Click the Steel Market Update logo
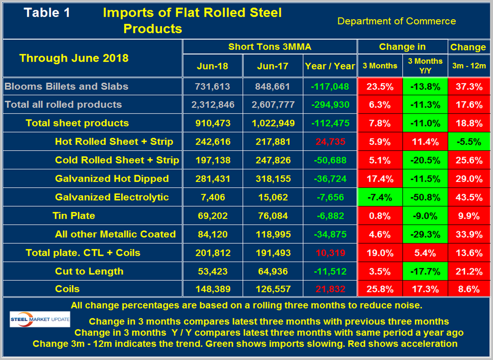pyautogui.click(x=40, y=319)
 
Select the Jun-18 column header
pyautogui.click(x=212, y=66)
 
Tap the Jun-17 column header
pyautogui.click(x=273, y=66)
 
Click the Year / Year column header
pyautogui.click(x=330, y=66)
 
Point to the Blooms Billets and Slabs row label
pyautogui.click(x=66, y=86)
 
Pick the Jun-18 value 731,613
pyautogui.click(x=212, y=86)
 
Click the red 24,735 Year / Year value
pyautogui.click(x=330, y=142)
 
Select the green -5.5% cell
pyautogui.click(x=469, y=142)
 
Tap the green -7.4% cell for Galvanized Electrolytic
pyautogui.click(x=380, y=197)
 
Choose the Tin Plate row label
pyautogui.click(x=74, y=216)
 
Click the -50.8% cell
pyautogui.click(x=425, y=197)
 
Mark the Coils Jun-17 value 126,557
pyautogui.click(x=273, y=289)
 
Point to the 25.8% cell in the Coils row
pyautogui.click(x=380, y=289)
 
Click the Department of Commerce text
pyautogui.click(x=396, y=21)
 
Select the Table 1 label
pyautogui.click(x=47, y=13)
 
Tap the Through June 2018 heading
pyautogui.click(x=74, y=58)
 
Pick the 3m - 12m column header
pyautogui.click(x=469, y=66)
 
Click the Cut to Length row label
pyautogui.click(x=89, y=271)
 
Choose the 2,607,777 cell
pyautogui.click(x=273, y=105)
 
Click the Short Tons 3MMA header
pyautogui.click(x=270, y=47)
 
